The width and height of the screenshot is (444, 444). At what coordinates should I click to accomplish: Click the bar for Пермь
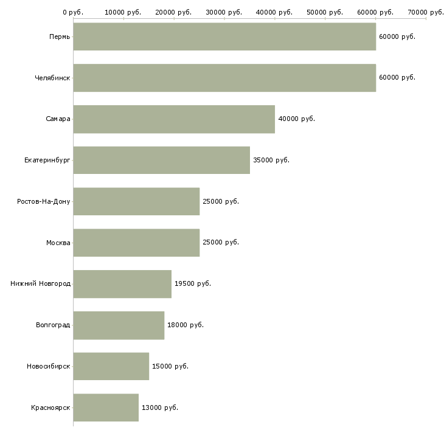pyautogui.click(x=224, y=36)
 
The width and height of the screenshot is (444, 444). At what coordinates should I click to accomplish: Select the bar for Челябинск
pyautogui.click(x=224, y=78)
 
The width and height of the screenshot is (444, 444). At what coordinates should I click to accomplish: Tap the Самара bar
pyautogui.click(x=174, y=119)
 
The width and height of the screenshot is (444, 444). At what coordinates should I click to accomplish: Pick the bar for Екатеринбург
pyautogui.click(x=161, y=161)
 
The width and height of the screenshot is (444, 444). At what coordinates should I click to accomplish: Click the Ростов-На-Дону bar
pyautogui.click(x=136, y=201)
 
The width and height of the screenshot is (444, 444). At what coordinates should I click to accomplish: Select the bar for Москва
pyautogui.click(x=136, y=243)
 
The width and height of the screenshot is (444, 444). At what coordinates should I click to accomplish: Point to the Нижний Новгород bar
pyautogui.click(x=122, y=284)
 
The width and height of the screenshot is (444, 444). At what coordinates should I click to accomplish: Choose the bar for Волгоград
pyautogui.click(x=119, y=325)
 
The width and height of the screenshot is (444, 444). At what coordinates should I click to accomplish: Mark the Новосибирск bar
pyautogui.click(x=111, y=366)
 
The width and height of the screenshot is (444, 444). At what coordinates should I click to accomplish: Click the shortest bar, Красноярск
pyautogui.click(x=106, y=408)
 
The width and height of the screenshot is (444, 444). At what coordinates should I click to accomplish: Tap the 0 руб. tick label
pyautogui.click(x=73, y=12)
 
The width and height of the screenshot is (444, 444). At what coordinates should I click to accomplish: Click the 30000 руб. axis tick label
pyautogui.click(x=224, y=12)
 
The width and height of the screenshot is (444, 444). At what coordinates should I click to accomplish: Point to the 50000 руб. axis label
pyautogui.click(x=325, y=12)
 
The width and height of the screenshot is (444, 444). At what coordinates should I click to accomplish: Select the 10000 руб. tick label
pyautogui.click(x=123, y=12)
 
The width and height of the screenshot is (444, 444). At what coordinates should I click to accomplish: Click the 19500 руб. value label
pyautogui.click(x=193, y=283)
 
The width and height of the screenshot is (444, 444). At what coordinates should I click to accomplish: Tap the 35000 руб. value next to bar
pyautogui.click(x=271, y=161)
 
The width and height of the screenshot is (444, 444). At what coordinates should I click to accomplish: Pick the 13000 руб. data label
pyautogui.click(x=160, y=408)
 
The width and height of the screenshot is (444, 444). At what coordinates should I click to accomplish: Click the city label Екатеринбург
pyautogui.click(x=47, y=161)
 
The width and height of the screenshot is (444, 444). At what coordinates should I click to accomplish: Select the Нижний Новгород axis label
pyautogui.click(x=41, y=283)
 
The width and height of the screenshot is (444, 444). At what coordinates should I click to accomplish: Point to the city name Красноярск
pyautogui.click(x=50, y=408)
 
